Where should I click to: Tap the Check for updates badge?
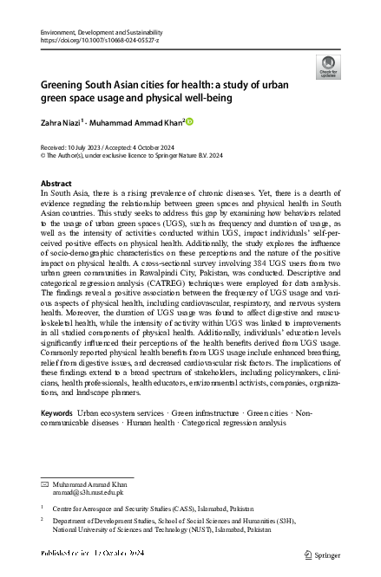click(x=329, y=66)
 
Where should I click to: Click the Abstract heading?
click(x=56, y=185)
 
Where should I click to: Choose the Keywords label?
click(x=57, y=415)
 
